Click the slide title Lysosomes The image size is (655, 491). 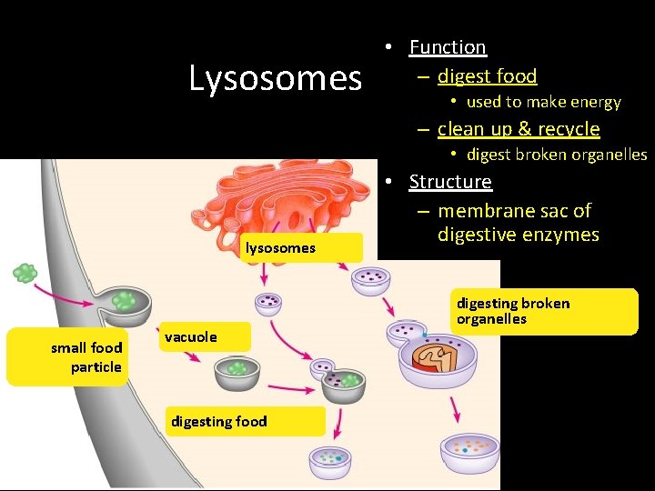(275, 78)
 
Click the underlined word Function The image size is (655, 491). (448, 47)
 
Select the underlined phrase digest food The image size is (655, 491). (487, 76)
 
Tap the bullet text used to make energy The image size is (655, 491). (543, 103)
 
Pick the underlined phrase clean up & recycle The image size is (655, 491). (519, 129)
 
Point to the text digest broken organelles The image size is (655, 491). (556, 155)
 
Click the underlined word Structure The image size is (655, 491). (450, 182)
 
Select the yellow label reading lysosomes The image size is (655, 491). (280, 247)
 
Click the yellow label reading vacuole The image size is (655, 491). (191, 337)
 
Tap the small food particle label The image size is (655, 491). (87, 357)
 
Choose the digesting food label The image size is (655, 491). (219, 420)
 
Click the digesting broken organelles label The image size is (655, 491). (513, 311)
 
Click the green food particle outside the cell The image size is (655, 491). (25, 272)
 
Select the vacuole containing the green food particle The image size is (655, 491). (237, 370)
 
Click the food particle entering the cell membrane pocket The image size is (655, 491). (124, 299)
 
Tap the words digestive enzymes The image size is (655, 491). (518, 235)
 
